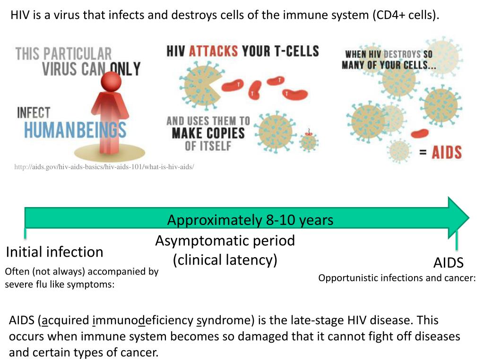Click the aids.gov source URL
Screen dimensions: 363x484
click(104, 167)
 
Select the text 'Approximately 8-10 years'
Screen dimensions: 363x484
click(250, 220)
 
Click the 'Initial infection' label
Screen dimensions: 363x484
click(54, 252)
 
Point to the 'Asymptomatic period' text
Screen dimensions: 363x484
click(225, 241)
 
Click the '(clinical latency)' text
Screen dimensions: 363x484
click(225, 259)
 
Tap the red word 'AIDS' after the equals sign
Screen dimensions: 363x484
click(447, 152)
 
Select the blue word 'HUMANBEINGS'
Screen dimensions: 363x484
click(75, 130)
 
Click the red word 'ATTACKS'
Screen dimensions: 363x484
click(213, 51)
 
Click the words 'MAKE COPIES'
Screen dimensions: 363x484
click(208, 133)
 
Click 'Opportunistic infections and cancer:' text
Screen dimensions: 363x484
click(397, 278)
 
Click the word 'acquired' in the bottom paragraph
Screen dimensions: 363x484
click(64, 320)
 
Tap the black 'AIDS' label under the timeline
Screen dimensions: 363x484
click(449, 263)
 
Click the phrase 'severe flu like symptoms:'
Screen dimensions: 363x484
click(60, 285)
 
